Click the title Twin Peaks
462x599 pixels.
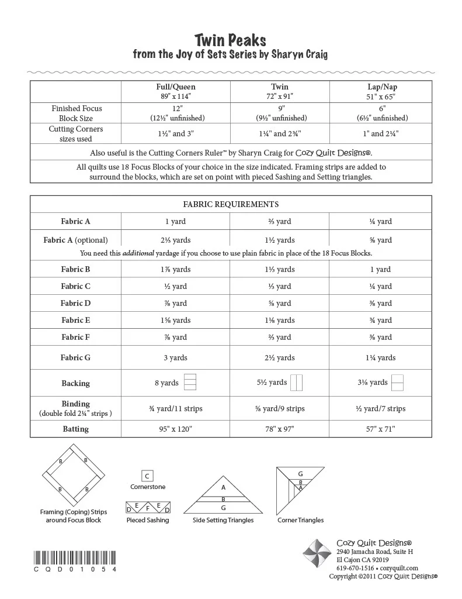coord(230,40)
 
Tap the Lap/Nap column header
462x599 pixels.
coord(380,87)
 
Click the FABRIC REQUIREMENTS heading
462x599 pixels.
coord(231,205)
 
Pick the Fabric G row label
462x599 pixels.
coord(75,357)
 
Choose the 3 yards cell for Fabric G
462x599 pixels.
coord(176,357)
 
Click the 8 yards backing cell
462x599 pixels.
coord(167,383)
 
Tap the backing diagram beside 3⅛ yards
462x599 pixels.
coord(398,383)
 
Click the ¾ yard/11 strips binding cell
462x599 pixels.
coord(176,408)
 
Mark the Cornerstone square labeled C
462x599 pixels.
coord(148,476)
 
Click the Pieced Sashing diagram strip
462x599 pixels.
coord(148,507)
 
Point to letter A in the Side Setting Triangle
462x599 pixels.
coord(223,487)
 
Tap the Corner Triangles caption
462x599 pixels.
coord(300,519)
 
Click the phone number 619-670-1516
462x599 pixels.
coord(355,568)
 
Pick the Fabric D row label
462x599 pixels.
coord(75,303)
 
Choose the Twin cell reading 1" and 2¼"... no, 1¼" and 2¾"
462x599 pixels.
coord(280,133)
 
